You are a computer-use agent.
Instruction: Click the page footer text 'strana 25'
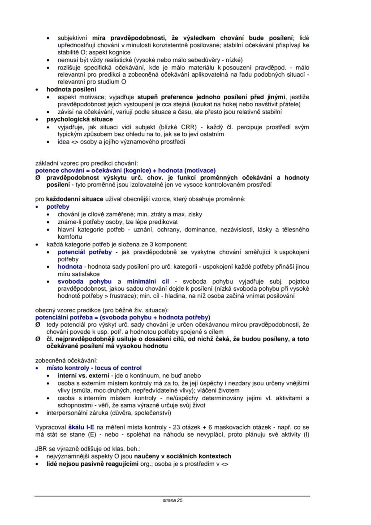(x=173, y=500)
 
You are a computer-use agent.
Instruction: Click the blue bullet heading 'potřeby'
(x=58, y=207)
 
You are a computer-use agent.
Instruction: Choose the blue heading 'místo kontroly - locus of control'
(x=94, y=367)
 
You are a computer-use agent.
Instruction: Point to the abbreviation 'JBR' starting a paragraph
(x=42, y=449)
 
